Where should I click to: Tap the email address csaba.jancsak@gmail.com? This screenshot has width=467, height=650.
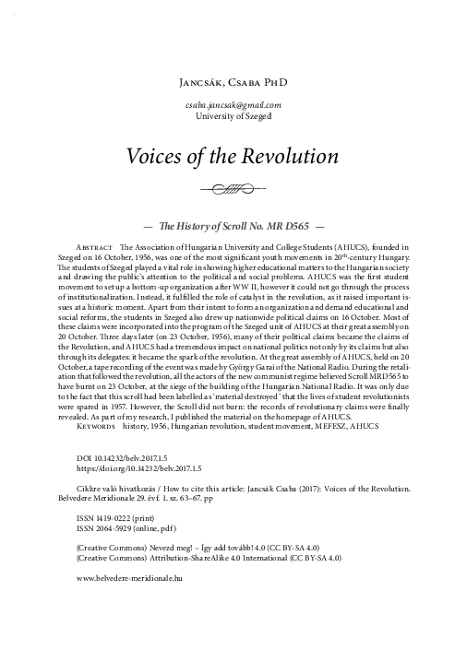[x=233, y=106]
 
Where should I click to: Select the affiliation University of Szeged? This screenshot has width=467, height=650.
[x=233, y=117]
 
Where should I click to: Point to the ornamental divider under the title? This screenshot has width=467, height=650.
[x=233, y=191]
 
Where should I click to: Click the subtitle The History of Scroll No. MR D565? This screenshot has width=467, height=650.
[x=233, y=224]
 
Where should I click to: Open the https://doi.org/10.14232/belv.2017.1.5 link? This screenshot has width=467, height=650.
[x=148, y=468]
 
